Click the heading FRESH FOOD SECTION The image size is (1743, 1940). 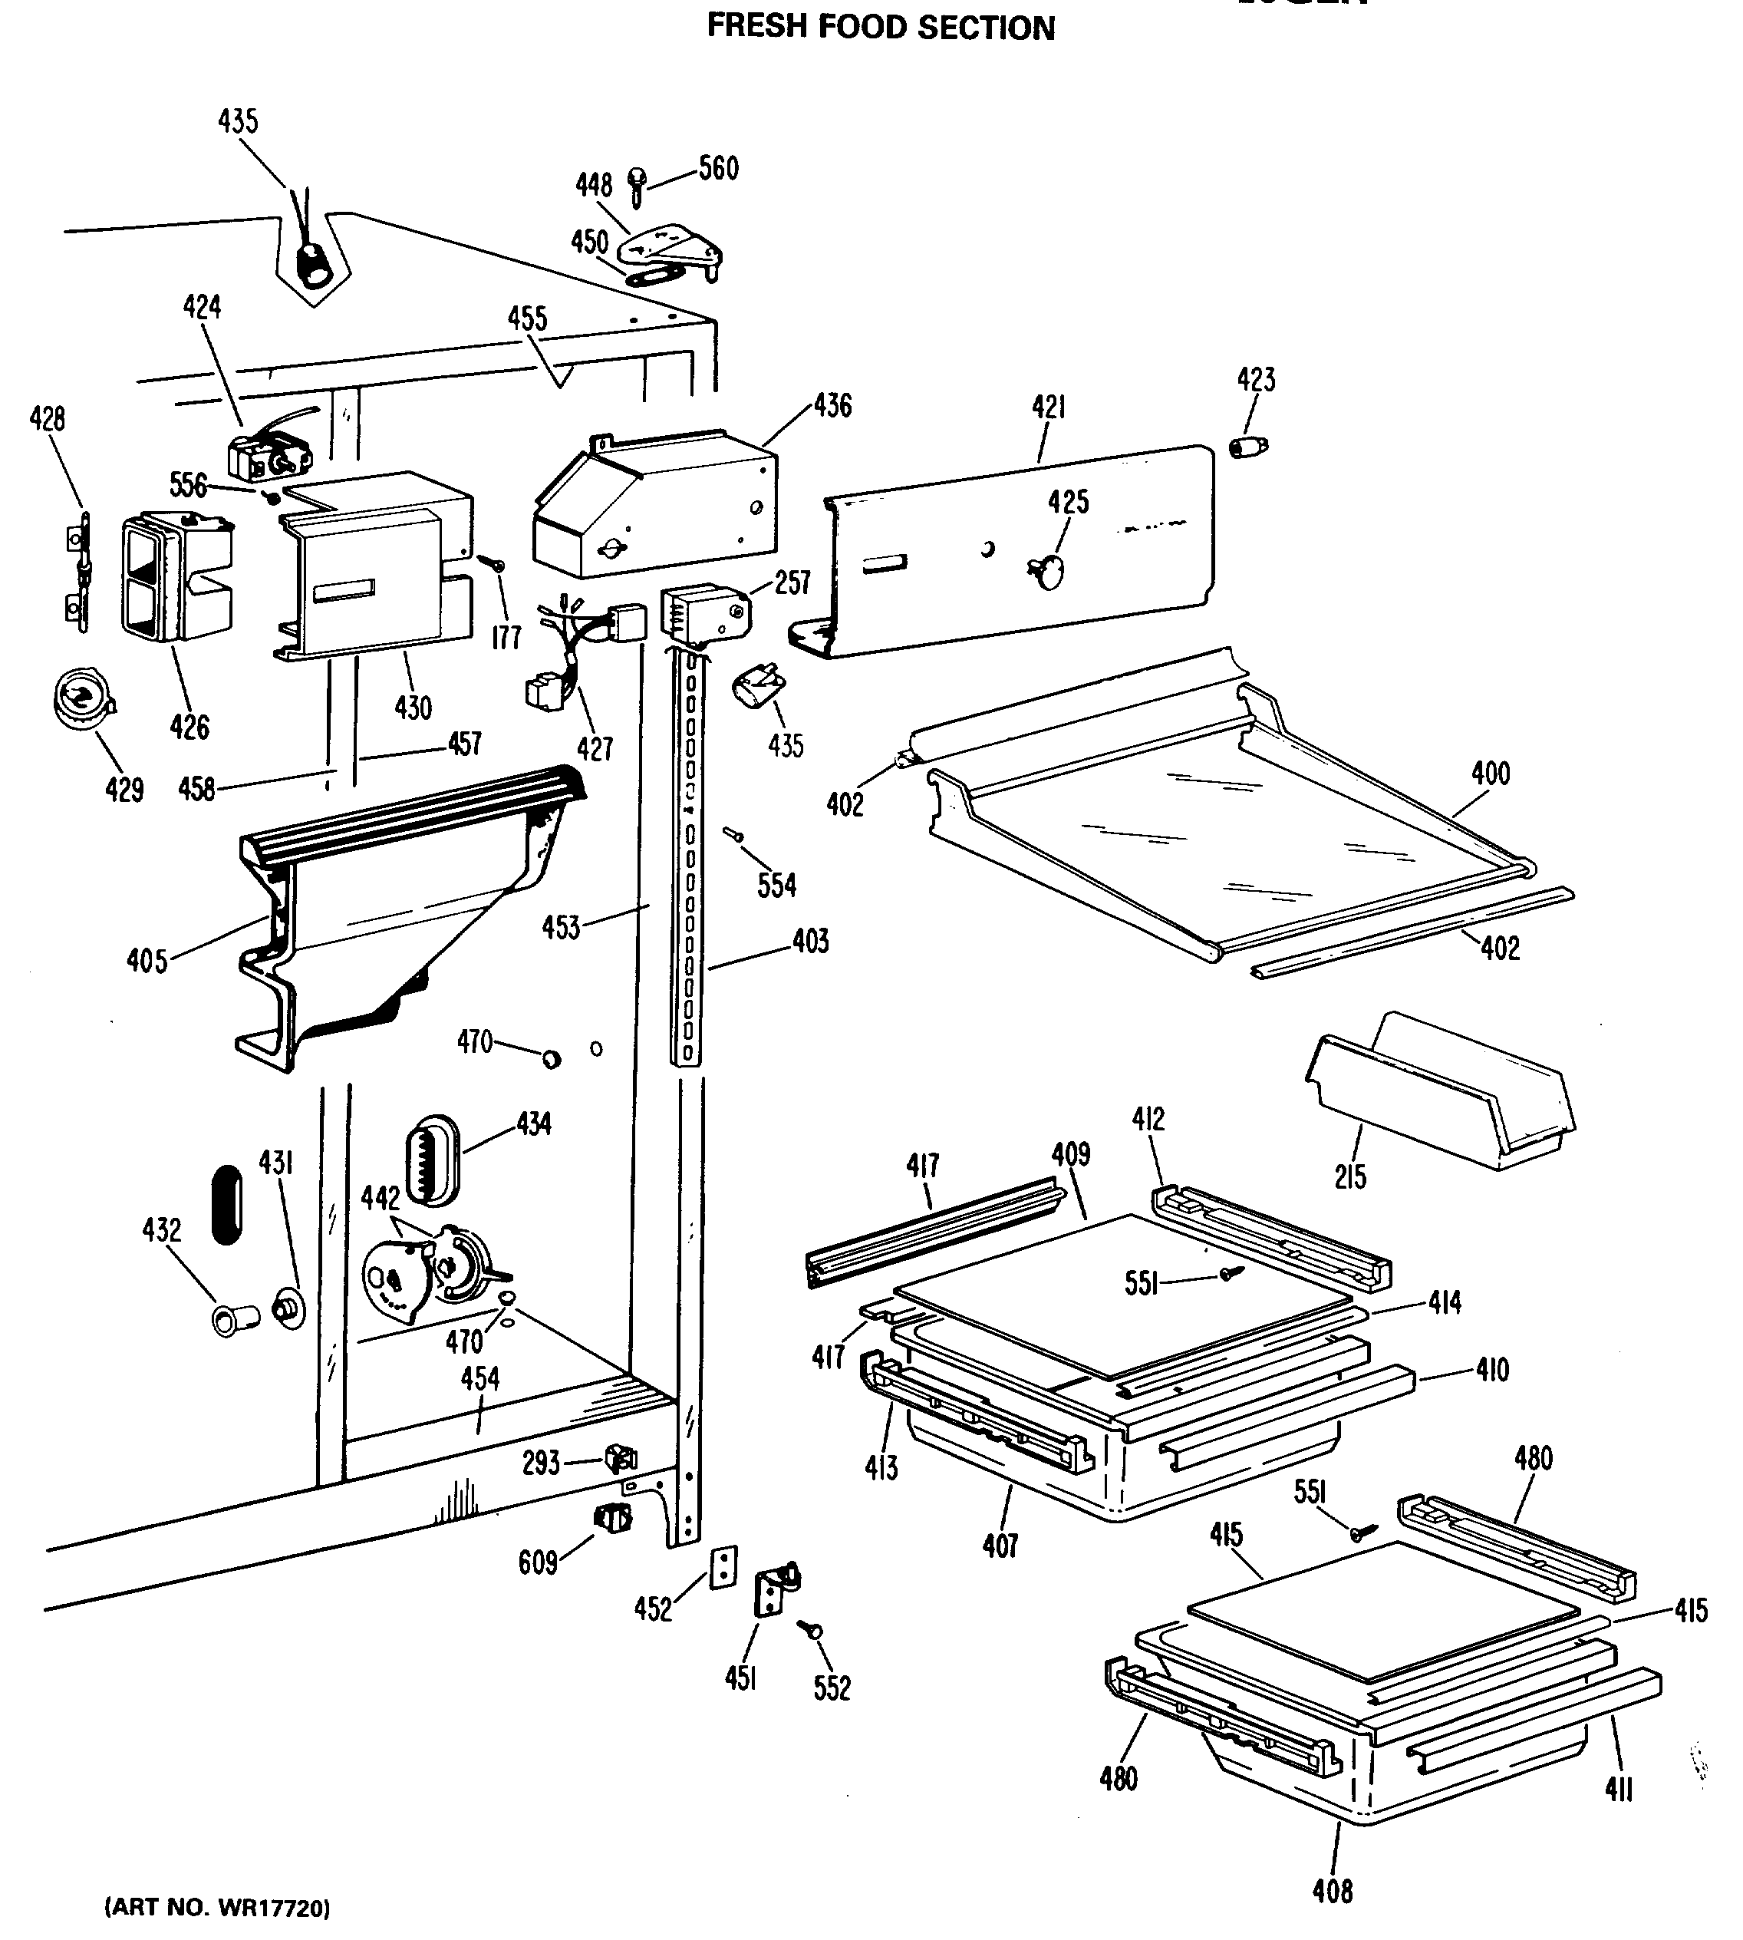[x=880, y=28]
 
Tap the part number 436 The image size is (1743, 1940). [x=832, y=405]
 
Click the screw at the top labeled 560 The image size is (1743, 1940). [x=637, y=186]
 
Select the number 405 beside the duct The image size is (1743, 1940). [x=147, y=960]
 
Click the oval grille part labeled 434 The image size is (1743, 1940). [x=433, y=1160]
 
